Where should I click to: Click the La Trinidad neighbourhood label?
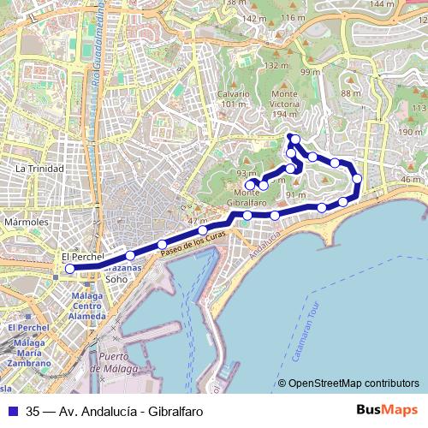click(x=39, y=169)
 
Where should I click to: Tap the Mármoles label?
click(x=27, y=222)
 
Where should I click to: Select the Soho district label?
click(x=117, y=278)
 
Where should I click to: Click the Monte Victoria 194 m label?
click(x=284, y=102)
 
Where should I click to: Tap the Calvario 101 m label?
click(x=233, y=98)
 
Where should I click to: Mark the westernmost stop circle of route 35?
click(x=70, y=268)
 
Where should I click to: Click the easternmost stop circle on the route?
click(x=357, y=179)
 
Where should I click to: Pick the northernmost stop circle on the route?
click(x=294, y=139)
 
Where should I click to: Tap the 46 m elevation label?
click(x=410, y=180)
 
